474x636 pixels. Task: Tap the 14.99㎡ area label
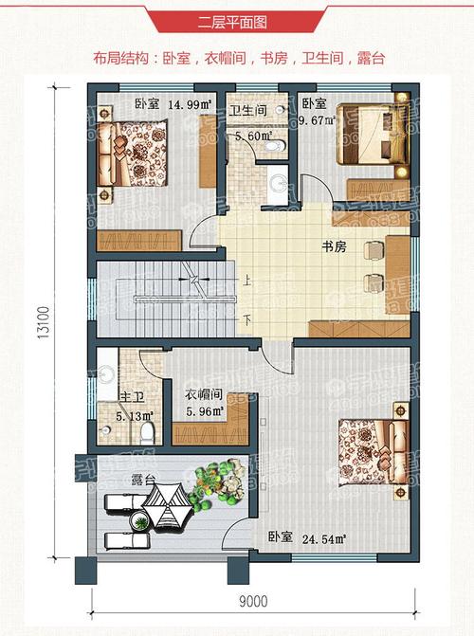click(191, 104)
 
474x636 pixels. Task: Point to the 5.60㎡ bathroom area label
click(253, 135)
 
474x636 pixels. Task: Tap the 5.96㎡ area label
click(204, 411)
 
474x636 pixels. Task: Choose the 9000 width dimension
click(254, 600)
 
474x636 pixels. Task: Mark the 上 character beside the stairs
click(246, 281)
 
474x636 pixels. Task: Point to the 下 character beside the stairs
click(246, 319)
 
